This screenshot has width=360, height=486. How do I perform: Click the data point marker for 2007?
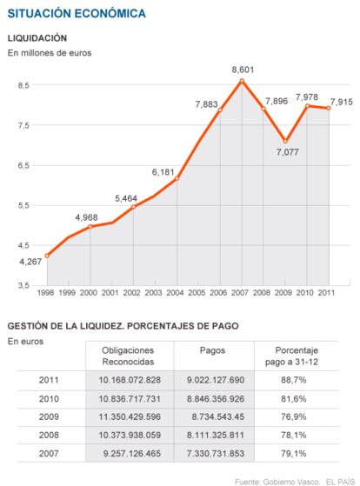(242, 81)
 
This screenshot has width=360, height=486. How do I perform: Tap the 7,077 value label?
(288, 152)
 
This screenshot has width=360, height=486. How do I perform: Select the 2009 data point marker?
(285, 142)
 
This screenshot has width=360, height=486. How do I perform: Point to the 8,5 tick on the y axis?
(23, 85)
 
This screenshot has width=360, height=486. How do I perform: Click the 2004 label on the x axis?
(175, 293)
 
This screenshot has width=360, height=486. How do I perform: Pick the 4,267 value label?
(30, 262)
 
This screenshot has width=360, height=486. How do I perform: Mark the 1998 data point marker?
(47, 256)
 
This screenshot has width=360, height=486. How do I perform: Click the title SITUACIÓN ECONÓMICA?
(77, 14)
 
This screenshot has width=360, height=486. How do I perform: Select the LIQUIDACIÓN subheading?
(37, 38)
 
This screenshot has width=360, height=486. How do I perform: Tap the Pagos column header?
(212, 350)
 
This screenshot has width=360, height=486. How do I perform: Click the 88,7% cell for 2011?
(293, 380)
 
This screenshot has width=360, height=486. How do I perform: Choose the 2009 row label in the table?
(49, 416)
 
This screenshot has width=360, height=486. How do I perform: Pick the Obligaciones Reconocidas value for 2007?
(132, 454)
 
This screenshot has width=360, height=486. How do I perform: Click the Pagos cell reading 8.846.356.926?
(216, 398)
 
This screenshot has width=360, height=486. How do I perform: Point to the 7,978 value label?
(307, 97)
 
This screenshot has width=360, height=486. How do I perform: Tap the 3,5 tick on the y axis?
(23, 285)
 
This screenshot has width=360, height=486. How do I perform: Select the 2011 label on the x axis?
(326, 293)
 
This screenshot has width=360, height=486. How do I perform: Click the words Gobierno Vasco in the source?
(290, 482)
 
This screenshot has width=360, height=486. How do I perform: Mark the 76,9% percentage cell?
(293, 416)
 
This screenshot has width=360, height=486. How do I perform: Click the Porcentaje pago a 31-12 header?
(292, 356)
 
